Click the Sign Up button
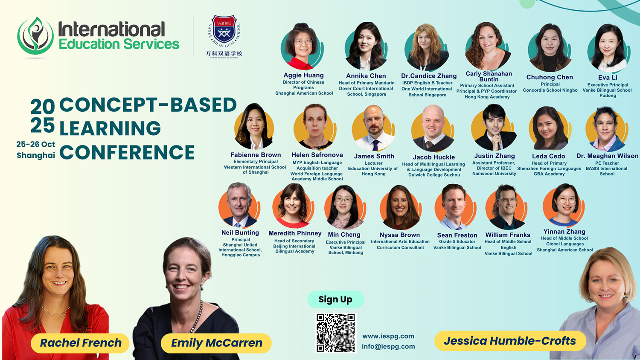click(x=335, y=299)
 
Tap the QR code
click(x=336, y=333)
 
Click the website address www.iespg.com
click(x=388, y=336)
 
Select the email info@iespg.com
click(x=388, y=346)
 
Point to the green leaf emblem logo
click(x=35, y=36)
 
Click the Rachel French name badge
click(x=80, y=343)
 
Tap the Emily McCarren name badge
click(x=216, y=343)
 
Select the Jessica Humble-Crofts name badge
click(x=510, y=341)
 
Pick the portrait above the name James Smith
click(x=374, y=128)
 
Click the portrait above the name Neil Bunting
click(x=239, y=205)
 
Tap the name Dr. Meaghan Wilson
click(x=607, y=156)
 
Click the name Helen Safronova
click(x=317, y=155)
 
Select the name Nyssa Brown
click(x=400, y=235)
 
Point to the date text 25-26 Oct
click(x=36, y=144)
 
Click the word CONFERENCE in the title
click(x=127, y=152)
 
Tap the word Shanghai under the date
click(x=36, y=155)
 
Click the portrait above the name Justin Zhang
click(x=494, y=128)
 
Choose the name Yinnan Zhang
click(x=564, y=232)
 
